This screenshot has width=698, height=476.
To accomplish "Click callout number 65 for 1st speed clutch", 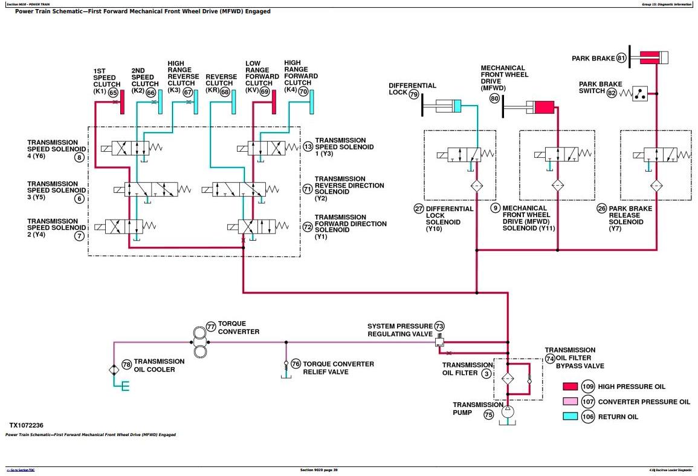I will point(113,93).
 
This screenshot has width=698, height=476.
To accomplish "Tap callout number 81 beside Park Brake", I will point(621,59).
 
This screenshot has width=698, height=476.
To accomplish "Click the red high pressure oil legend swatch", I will point(570,386).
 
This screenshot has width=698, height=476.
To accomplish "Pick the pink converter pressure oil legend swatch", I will point(570,402).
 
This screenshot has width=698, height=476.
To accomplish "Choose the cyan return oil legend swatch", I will point(570,417).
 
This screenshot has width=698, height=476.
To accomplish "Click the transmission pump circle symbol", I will point(507,411).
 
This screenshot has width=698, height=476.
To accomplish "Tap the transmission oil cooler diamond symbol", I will point(114,370).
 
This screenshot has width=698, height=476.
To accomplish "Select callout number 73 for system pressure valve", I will point(439,327).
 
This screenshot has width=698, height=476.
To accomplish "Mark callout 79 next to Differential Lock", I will point(413,94).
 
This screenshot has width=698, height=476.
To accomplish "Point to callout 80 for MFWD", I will point(495,98).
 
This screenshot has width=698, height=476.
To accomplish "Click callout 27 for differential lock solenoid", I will point(418,209).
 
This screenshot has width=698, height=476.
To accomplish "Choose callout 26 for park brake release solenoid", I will point(601,209).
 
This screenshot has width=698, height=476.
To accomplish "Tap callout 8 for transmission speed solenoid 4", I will point(79,158).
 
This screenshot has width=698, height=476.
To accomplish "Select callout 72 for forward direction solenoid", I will point(307,227).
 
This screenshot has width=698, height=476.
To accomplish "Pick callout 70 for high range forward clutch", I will point(303,92).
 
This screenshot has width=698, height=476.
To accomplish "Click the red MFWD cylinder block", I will point(544,108).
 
